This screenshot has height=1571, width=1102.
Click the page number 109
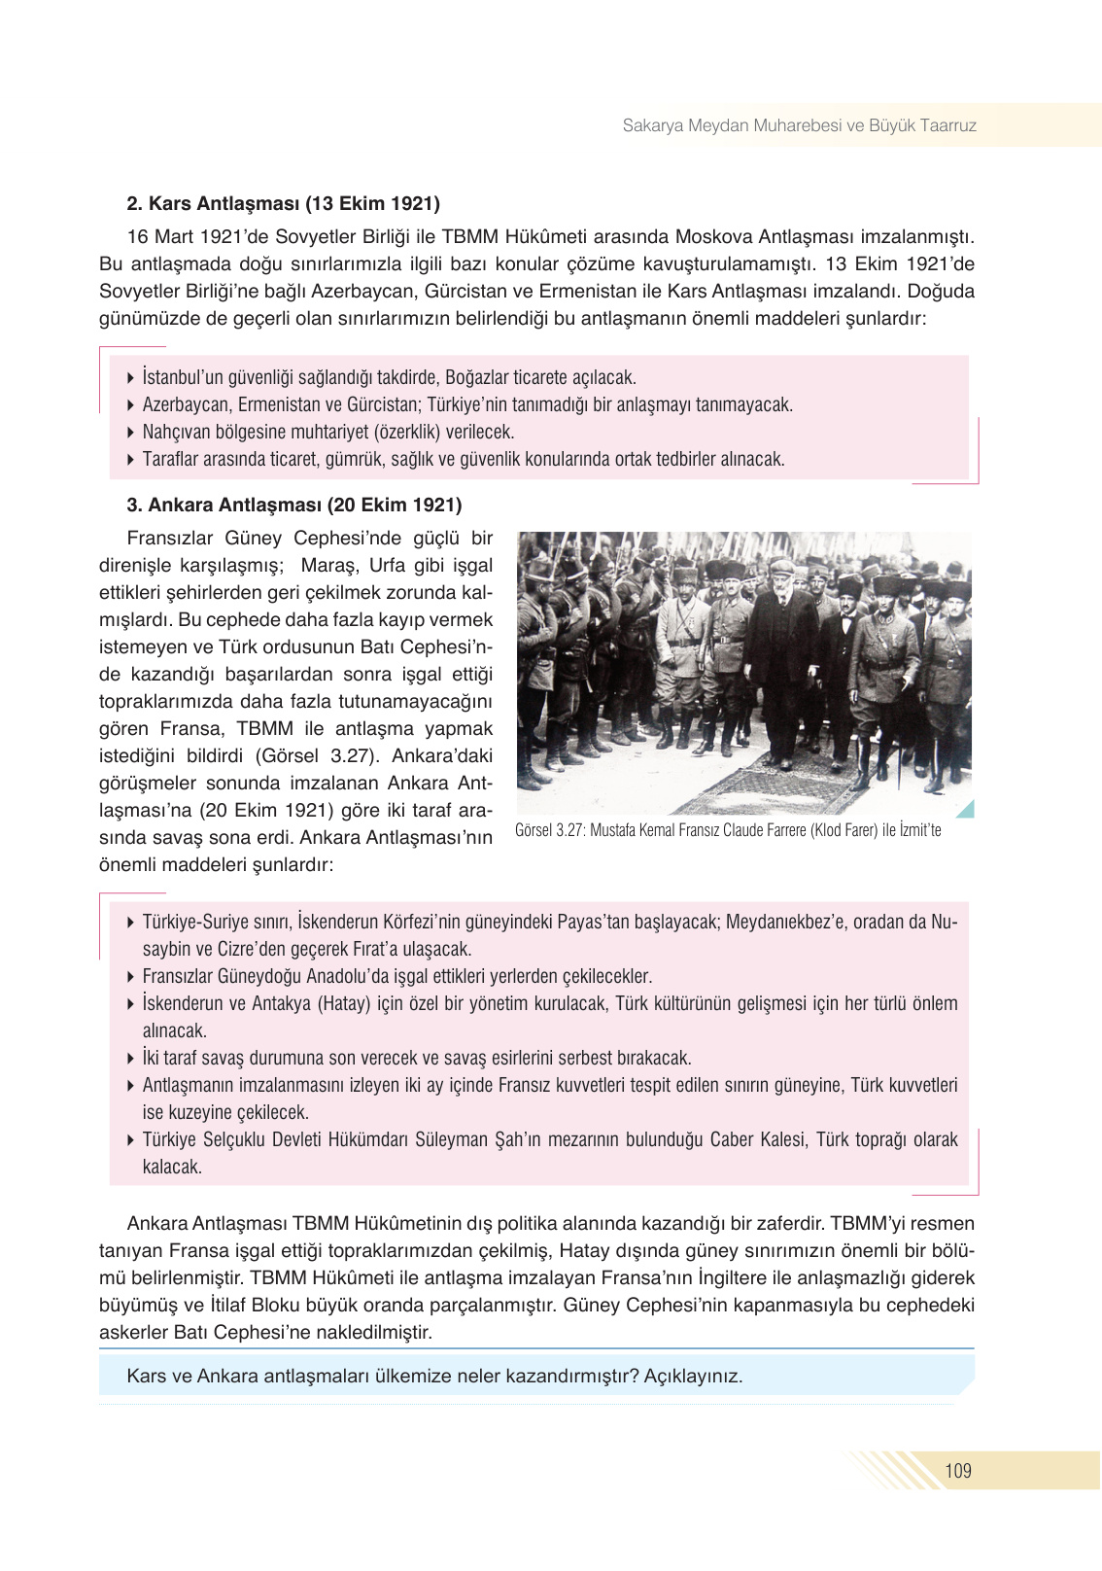click(957, 1470)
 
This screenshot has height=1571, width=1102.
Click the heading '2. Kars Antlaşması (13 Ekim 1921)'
click(283, 203)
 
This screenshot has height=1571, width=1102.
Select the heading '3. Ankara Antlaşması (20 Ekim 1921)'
click(293, 505)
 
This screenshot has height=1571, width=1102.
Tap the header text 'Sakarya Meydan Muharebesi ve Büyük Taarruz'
click(799, 125)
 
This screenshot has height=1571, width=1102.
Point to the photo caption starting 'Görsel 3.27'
click(727, 830)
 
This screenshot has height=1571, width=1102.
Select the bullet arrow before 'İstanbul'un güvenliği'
click(131, 377)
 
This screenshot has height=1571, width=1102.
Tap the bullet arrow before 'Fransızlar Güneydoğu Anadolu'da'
click(131, 976)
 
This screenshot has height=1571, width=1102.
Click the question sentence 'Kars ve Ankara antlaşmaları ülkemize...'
click(434, 1376)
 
